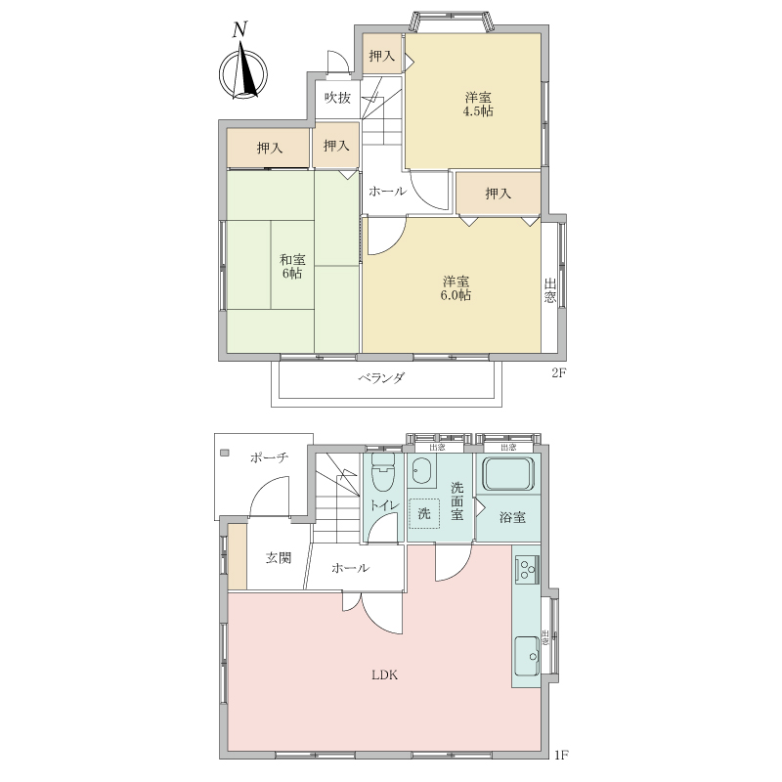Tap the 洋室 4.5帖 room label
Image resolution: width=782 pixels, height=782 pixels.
point(478,105)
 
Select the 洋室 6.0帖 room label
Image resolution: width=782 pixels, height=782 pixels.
point(456,288)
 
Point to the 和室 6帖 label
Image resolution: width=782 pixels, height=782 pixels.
point(291,266)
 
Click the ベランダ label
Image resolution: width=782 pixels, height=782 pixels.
point(381,378)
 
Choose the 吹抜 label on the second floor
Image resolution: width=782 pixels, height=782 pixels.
point(337,97)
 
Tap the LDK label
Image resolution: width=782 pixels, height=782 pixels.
point(384,675)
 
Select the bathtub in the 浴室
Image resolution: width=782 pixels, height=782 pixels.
point(508,472)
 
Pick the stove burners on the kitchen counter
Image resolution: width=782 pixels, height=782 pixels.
point(527,570)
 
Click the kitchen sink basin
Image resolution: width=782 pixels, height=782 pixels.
point(527,655)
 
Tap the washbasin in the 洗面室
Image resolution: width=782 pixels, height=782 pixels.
point(422,470)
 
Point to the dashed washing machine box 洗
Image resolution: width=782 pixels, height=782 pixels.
point(424,513)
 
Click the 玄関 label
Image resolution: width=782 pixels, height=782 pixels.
point(278,558)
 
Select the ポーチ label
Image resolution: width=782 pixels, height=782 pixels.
point(270,457)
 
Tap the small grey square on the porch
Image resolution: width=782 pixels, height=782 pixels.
point(225,453)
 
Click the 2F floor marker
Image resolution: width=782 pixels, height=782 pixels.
point(559,372)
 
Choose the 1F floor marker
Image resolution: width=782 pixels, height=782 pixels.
point(561,769)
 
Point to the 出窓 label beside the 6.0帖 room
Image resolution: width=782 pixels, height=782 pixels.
point(549,290)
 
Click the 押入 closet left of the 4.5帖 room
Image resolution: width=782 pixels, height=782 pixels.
point(382,56)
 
